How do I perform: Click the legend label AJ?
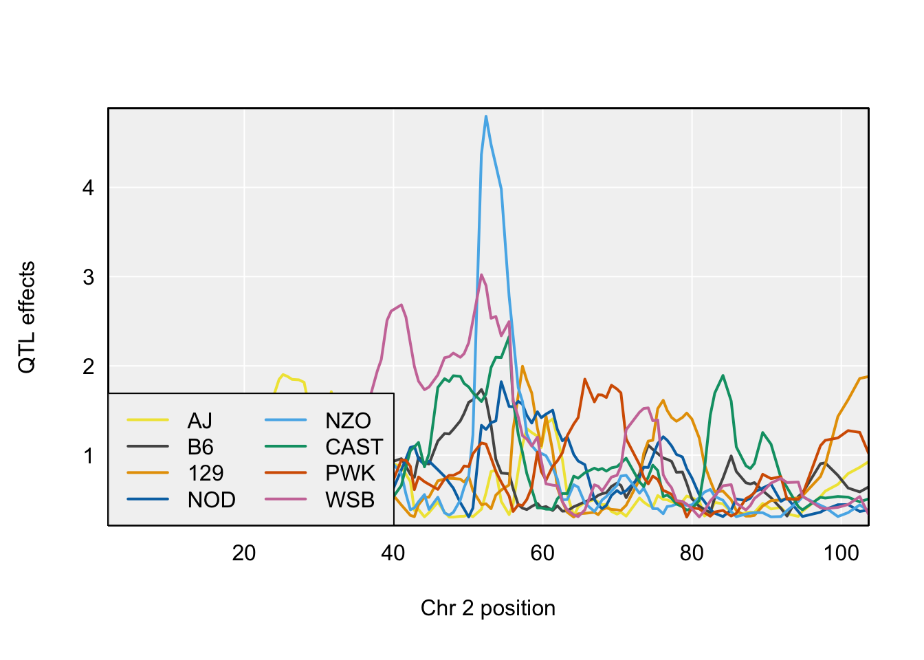click(x=200, y=421)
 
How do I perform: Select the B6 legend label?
click(x=200, y=447)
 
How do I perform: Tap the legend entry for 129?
click(x=206, y=473)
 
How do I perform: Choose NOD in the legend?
click(x=211, y=500)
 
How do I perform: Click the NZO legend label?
click(x=348, y=421)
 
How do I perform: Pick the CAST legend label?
click(x=354, y=447)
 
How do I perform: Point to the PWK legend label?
click(x=350, y=473)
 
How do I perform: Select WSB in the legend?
click(x=350, y=500)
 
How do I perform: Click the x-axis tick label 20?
click(x=244, y=553)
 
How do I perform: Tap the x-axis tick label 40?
click(x=393, y=553)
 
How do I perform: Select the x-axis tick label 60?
click(x=542, y=553)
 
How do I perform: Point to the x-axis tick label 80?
click(x=692, y=553)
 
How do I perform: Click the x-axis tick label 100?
click(x=841, y=553)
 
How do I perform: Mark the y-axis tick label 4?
click(x=88, y=188)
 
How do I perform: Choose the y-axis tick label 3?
click(x=88, y=277)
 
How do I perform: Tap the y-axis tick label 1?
click(x=88, y=456)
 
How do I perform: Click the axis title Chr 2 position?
click(x=488, y=608)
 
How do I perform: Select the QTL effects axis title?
click(x=27, y=317)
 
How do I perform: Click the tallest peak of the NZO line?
click(x=486, y=116)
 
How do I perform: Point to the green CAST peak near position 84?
click(x=723, y=375)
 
